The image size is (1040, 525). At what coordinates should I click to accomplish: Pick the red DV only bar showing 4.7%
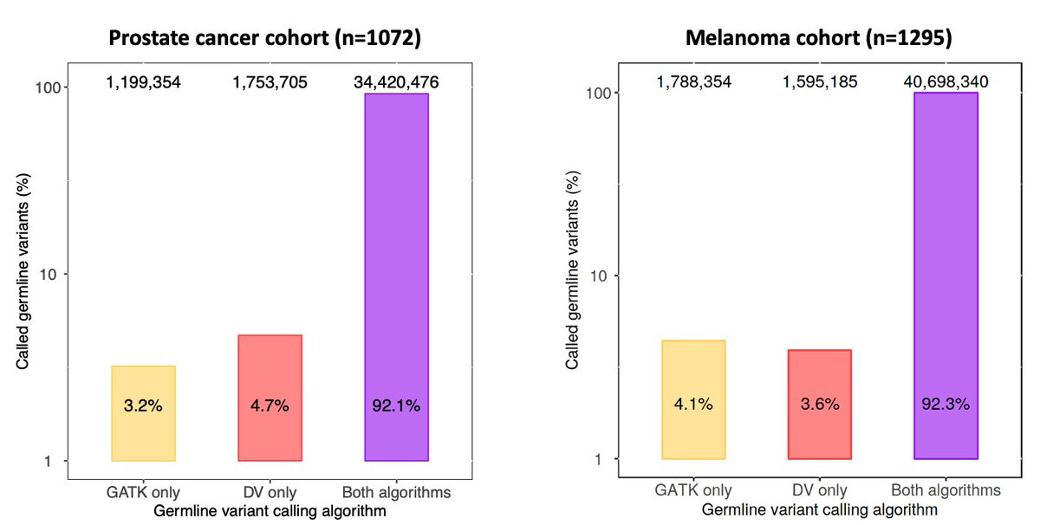click(x=270, y=398)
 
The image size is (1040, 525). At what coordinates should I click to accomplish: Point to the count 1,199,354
click(x=143, y=83)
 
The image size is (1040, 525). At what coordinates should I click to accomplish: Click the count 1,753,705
click(x=270, y=83)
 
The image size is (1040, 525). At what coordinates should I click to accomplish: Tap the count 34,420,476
click(x=396, y=83)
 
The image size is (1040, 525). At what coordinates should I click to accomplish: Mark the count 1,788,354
click(x=693, y=82)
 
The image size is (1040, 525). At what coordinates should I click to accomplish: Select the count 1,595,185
click(x=819, y=82)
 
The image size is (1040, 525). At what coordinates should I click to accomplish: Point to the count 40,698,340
click(x=946, y=82)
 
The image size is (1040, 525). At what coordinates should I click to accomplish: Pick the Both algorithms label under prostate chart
click(x=396, y=493)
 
